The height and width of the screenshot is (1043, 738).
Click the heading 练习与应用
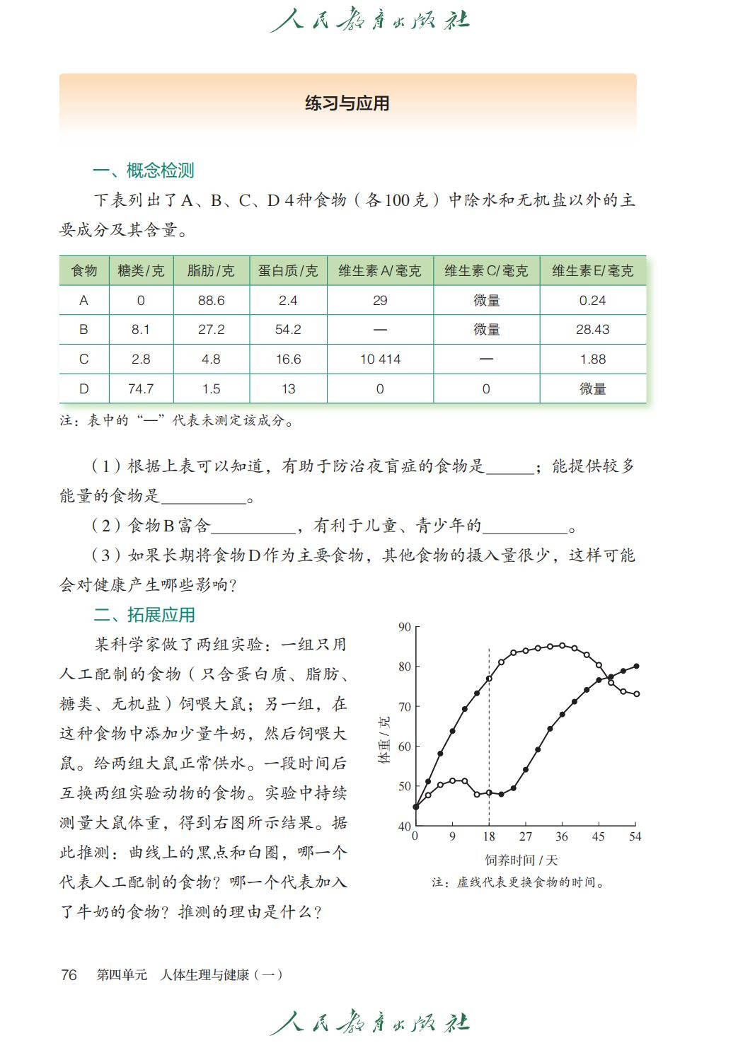click(347, 103)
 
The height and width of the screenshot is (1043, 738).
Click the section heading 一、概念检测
click(144, 170)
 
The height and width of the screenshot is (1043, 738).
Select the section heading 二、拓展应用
click(144, 614)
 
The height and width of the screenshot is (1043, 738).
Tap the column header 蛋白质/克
click(288, 270)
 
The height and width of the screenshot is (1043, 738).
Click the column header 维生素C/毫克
click(486, 270)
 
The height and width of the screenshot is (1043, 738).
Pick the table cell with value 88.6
click(211, 300)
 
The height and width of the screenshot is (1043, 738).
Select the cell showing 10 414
click(380, 359)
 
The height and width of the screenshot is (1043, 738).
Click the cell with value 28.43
click(592, 329)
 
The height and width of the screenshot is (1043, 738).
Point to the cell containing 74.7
click(141, 388)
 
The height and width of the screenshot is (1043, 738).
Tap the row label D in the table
click(83, 388)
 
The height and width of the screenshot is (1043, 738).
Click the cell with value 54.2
click(288, 329)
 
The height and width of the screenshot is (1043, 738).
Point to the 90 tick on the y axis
click(405, 626)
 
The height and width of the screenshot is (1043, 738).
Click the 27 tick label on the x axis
click(525, 836)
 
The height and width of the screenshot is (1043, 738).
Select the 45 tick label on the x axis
click(599, 836)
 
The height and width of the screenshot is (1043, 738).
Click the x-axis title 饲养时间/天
click(521, 860)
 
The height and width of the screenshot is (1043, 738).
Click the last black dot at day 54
click(636, 666)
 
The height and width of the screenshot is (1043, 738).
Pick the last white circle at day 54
click(637, 694)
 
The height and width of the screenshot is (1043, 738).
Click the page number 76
click(69, 974)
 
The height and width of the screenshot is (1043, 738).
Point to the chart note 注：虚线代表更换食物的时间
click(519, 882)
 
